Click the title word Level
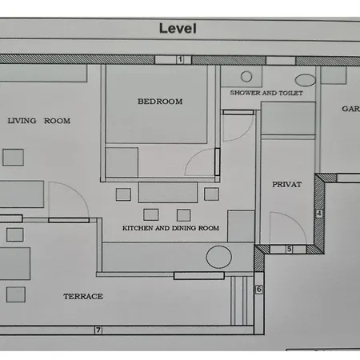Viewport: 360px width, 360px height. coord(178,28)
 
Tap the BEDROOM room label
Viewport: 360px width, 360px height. coord(160,102)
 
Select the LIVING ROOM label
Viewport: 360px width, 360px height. coord(39,121)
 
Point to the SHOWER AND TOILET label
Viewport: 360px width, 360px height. coord(266,93)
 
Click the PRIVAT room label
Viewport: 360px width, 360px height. coord(286,184)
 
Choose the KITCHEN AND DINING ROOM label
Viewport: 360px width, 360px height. coord(170,228)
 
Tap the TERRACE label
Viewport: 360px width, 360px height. coord(83,296)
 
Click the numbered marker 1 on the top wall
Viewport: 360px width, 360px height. coord(180,59)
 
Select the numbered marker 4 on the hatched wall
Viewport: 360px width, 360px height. coord(319,214)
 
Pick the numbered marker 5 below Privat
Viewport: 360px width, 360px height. coord(289,249)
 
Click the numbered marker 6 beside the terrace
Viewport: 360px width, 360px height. coord(259,289)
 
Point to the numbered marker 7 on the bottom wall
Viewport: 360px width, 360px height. coord(98,330)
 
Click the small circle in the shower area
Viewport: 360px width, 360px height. coord(246,77)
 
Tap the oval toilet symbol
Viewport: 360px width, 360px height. coord(306,80)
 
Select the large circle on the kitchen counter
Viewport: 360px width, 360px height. coord(219,257)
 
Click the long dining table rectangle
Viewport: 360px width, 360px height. coord(168,193)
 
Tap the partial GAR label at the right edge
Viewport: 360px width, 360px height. coord(350,109)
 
